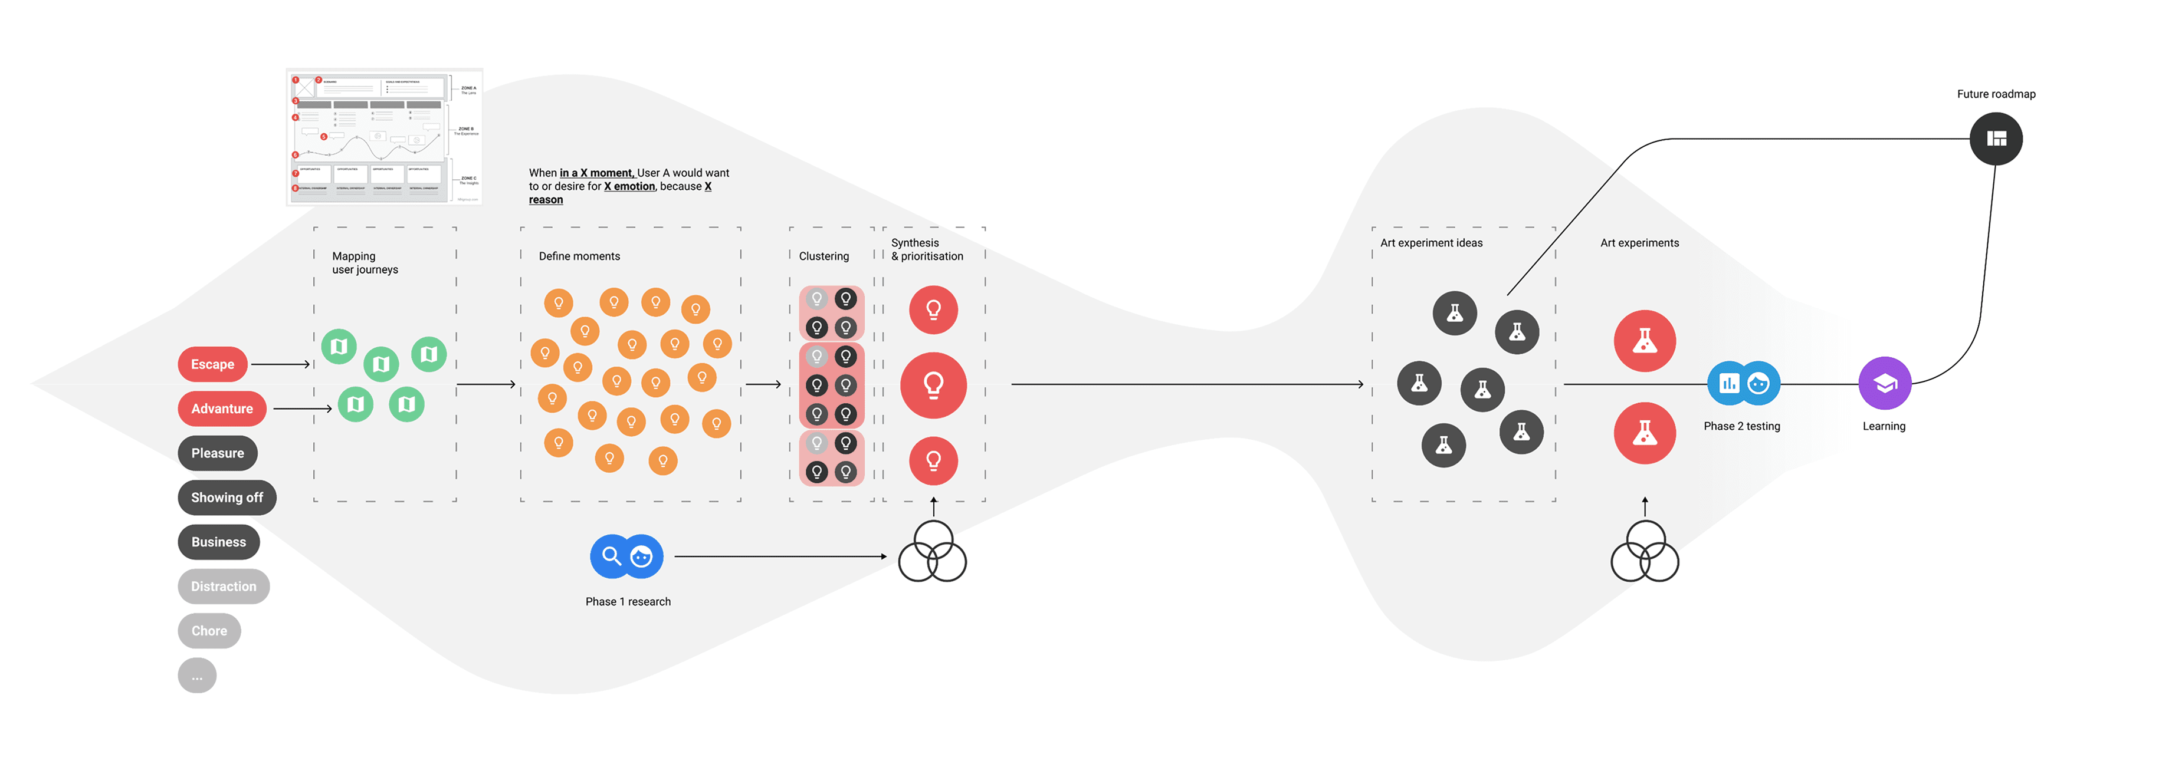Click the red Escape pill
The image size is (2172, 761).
(212, 364)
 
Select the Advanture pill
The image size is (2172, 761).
(222, 408)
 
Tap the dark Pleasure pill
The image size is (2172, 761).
(218, 453)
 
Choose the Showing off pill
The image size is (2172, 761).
(227, 498)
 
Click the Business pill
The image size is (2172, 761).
(218, 542)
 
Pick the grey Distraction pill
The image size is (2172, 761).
(224, 587)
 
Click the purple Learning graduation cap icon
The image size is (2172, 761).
(1885, 384)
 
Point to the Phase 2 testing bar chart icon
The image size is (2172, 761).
(1728, 384)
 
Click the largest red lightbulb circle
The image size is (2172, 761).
(933, 385)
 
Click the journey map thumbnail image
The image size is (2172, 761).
(385, 137)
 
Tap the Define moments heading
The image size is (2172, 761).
(579, 256)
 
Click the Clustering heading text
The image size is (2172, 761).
(823, 256)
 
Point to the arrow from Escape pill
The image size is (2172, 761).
(281, 364)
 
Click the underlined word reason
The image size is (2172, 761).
(546, 200)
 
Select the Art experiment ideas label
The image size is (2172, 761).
(1431, 243)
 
